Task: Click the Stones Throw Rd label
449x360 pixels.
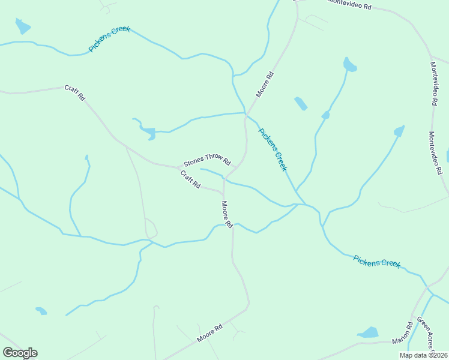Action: [x=207, y=160]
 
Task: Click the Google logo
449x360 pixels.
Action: [x=20, y=353]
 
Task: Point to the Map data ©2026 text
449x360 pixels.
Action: [x=423, y=355]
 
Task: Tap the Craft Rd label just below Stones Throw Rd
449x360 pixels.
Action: [x=190, y=179]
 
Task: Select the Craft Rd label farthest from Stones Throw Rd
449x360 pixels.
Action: [x=75, y=93]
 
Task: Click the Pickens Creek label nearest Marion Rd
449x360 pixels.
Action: [x=376, y=262]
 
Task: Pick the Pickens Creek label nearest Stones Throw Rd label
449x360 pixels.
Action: [x=272, y=149]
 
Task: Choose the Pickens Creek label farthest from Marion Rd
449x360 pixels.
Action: [x=109, y=39]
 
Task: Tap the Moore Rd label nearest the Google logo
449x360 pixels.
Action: [x=209, y=334]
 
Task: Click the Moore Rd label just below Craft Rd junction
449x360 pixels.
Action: [x=226, y=215]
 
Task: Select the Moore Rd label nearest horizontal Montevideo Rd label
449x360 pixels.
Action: [x=265, y=85]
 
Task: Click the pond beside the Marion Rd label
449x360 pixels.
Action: [x=368, y=332]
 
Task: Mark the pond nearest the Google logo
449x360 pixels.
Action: [x=41, y=311]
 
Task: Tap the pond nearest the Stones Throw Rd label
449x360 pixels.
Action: [x=148, y=133]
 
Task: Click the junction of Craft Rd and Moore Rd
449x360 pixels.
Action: [x=223, y=193]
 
